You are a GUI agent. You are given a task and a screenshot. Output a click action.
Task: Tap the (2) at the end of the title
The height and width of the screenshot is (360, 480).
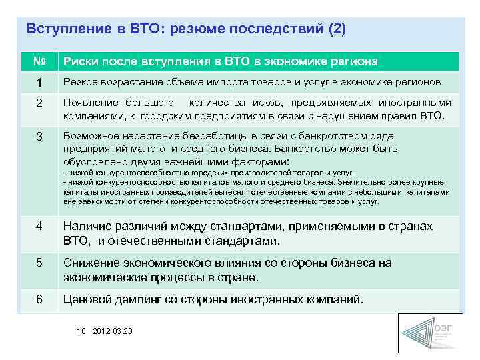pyautogui.click(x=336, y=29)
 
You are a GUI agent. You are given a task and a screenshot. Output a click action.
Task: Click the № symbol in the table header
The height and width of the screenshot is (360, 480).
pyautogui.click(x=39, y=61)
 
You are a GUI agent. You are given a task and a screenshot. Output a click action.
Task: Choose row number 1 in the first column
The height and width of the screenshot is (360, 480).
pyautogui.click(x=39, y=82)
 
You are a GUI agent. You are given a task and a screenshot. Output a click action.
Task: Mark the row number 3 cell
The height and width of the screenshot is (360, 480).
pyautogui.click(x=39, y=137)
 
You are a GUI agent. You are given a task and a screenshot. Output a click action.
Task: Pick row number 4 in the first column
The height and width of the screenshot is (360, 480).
pyautogui.click(x=39, y=227)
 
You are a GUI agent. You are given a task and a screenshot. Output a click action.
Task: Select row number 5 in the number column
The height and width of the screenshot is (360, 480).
pyautogui.click(x=39, y=263)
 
